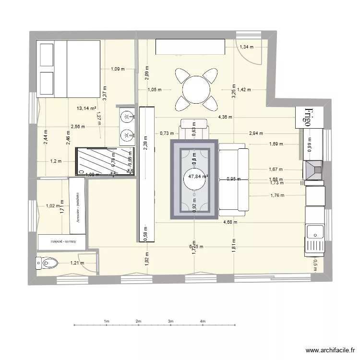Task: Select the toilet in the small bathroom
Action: (x=47, y=263)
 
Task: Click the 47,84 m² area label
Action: (x=198, y=176)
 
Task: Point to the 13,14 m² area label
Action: (x=86, y=108)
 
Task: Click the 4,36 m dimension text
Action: (x=226, y=117)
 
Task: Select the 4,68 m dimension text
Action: (x=231, y=222)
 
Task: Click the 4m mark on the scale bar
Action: (x=203, y=321)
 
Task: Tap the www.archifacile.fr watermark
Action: (x=331, y=350)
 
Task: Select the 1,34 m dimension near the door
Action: (x=246, y=47)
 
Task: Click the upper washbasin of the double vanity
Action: (x=127, y=117)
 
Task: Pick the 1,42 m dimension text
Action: (x=244, y=90)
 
